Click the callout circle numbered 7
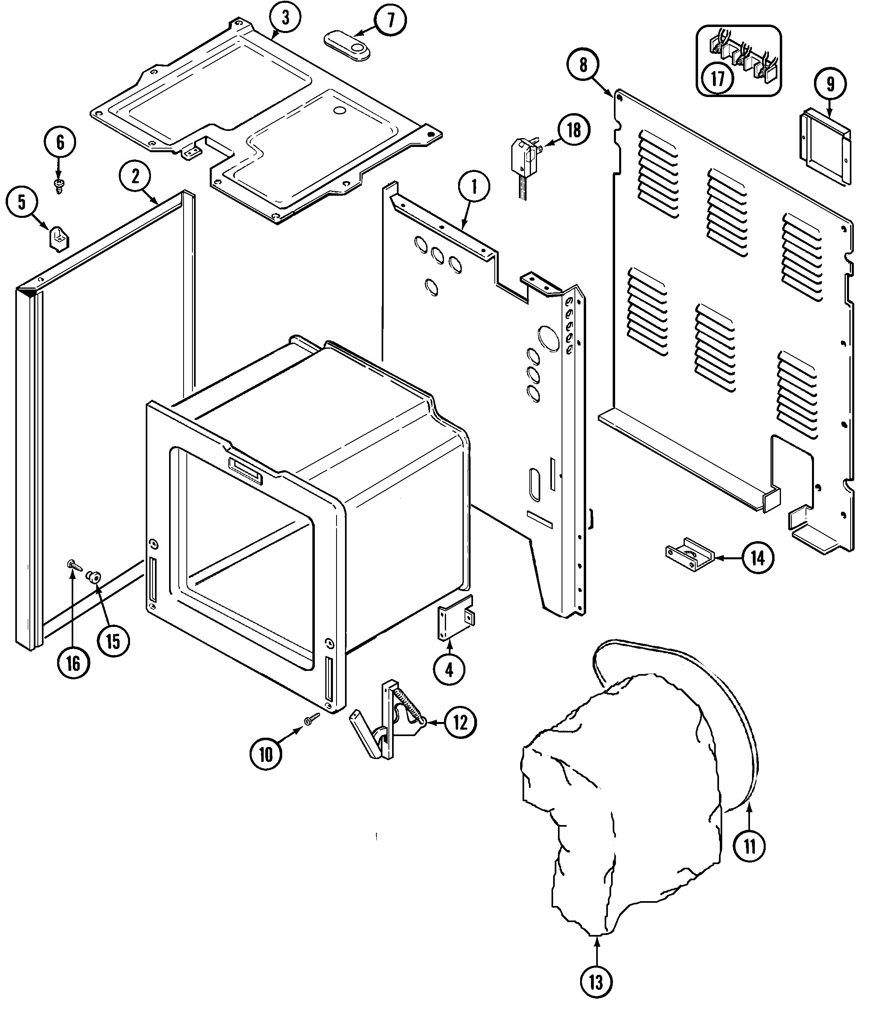pos(390,21)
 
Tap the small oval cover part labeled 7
pos(347,46)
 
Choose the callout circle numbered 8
pos(583,65)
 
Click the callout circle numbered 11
pos(749,846)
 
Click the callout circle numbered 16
pos(73,662)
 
